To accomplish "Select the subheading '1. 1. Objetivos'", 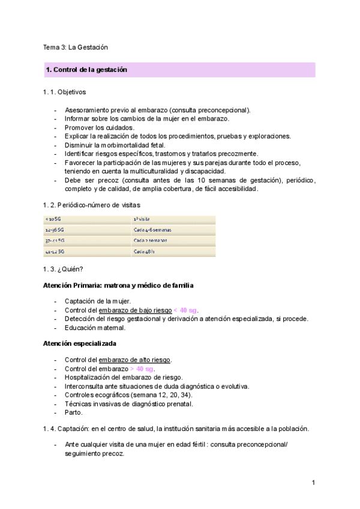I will tap(64, 93).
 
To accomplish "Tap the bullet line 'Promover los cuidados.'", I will tap(100, 127).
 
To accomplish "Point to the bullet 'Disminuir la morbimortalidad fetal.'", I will tap(115, 145).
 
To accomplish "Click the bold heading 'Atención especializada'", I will tap(79, 343).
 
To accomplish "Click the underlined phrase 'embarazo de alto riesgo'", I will tap(135, 360).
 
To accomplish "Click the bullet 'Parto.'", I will tap(74, 412).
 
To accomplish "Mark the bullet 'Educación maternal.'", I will tap(95, 327).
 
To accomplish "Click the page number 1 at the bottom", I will tap(313, 483).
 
